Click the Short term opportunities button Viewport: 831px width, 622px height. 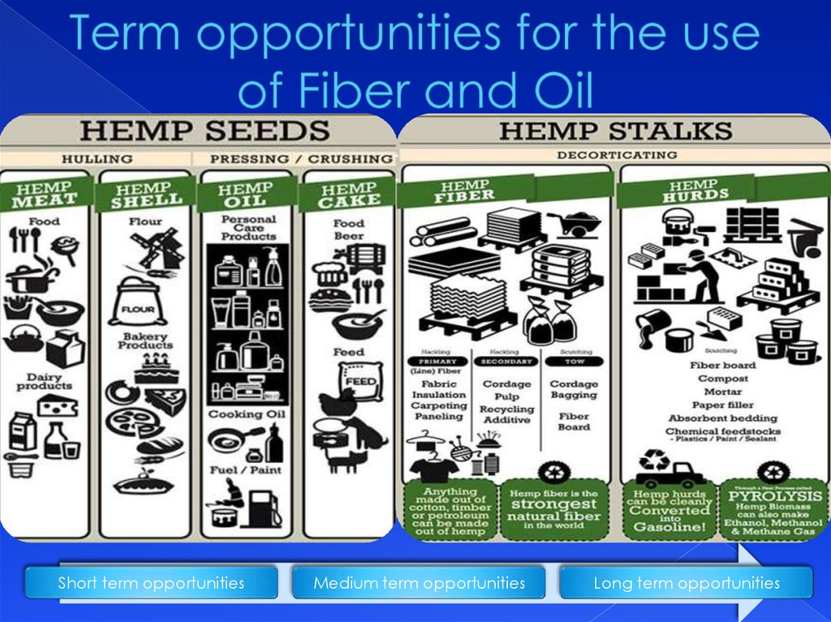click(151, 583)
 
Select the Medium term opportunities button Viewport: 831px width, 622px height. click(419, 583)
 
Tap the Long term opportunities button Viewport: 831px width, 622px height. click(686, 583)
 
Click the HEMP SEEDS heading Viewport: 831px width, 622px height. click(205, 131)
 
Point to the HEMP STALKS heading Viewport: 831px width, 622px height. click(615, 130)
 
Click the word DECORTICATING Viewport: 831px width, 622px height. click(614, 155)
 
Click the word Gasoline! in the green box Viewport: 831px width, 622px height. click(670, 527)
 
